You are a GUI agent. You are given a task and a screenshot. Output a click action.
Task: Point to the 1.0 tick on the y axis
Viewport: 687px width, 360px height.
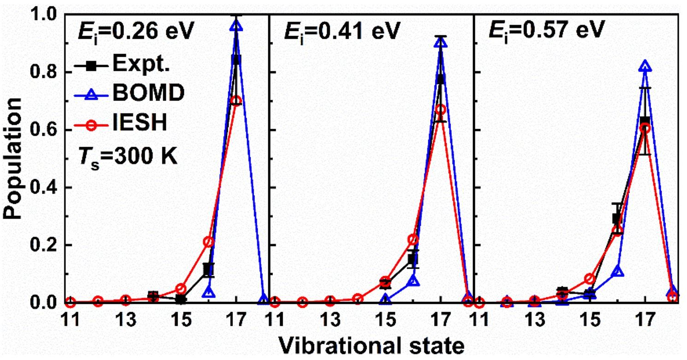[44, 15]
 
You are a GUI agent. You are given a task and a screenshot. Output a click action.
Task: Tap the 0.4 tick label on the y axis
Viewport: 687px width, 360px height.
[44, 188]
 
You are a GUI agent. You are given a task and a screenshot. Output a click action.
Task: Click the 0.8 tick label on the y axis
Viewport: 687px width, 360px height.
[44, 72]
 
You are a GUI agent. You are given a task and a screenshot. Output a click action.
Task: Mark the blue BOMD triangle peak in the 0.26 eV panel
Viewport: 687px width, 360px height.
[236, 26]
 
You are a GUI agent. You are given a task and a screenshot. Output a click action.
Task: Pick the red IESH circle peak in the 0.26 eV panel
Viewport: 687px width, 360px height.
[236, 100]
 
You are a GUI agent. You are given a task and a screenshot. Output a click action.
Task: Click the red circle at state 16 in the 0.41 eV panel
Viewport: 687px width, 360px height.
[414, 240]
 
